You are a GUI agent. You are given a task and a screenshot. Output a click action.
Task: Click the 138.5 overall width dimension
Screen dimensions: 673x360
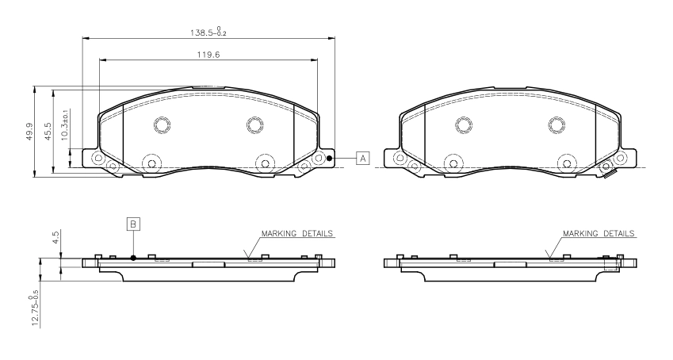coord(208,32)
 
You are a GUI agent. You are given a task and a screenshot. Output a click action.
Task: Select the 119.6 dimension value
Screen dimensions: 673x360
coord(208,55)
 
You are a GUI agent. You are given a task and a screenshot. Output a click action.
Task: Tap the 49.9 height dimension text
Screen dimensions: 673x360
coord(29,131)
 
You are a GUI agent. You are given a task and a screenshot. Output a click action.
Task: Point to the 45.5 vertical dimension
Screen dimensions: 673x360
coord(48,131)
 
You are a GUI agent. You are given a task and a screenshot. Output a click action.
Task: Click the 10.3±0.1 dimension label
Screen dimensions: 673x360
coord(65,124)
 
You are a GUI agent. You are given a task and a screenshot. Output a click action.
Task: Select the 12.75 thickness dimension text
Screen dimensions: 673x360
coord(35,308)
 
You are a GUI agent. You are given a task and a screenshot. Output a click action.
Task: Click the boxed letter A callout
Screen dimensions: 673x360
coord(363,159)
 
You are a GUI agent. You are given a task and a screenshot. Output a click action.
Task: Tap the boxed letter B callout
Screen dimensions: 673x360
coord(133,224)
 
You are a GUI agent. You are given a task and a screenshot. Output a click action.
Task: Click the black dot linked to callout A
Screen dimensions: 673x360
coord(330,159)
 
